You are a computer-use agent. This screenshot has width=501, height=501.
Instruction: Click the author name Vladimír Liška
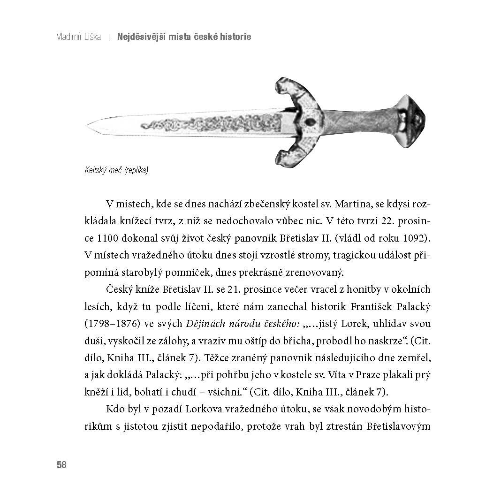point(79,37)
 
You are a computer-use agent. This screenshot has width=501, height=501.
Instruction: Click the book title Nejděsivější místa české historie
point(184,37)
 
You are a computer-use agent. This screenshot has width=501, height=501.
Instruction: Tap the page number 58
point(61,465)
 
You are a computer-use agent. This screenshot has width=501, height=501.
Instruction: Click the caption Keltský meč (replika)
point(116,171)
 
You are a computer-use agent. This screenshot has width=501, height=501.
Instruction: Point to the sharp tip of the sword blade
point(88,125)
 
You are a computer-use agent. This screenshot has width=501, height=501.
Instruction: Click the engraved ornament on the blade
point(211,124)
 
